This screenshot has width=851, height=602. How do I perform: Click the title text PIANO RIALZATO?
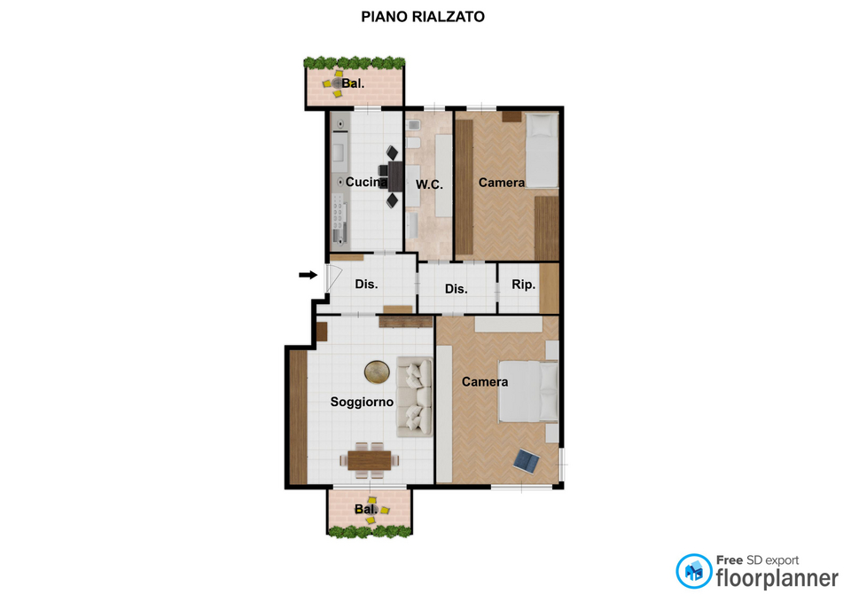423,17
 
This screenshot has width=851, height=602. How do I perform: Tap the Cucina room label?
366,182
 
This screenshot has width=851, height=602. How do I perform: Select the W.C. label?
429,184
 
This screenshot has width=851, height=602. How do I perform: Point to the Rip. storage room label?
523,285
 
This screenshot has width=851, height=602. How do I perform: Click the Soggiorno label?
362,403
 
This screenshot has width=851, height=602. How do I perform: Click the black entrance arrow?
308,275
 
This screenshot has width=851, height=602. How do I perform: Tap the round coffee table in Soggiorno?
377,371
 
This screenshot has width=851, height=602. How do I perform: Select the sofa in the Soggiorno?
414,396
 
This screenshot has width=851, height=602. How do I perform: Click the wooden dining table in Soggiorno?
370,460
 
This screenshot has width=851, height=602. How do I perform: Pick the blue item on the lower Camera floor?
527,461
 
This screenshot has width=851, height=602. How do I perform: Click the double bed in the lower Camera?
528,391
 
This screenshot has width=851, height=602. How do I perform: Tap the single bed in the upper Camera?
543,151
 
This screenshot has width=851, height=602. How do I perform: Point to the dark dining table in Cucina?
395,176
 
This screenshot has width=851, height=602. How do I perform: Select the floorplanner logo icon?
693,571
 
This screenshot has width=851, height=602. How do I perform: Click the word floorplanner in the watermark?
777,579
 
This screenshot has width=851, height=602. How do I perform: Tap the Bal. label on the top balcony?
353,83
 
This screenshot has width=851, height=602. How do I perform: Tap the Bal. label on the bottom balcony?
366,509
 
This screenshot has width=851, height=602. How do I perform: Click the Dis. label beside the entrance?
366,285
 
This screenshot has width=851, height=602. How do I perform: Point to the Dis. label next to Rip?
456,289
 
